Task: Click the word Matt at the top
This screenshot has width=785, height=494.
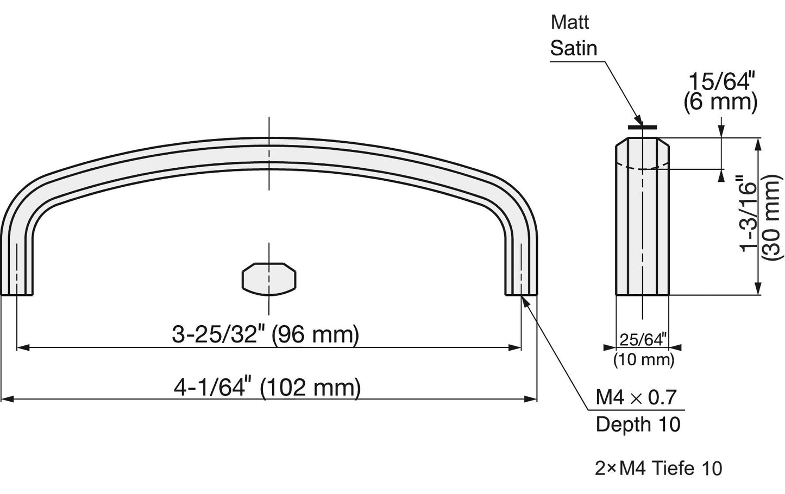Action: (x=570, y=22)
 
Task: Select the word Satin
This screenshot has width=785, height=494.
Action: (x=574, y=48)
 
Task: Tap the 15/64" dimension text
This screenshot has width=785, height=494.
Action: (x=721, y=82)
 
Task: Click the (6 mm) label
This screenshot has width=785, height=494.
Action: (x=720, y=103)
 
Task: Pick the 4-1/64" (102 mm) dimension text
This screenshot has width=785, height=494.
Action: (x=267, y=388)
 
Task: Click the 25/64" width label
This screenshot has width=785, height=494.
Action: (x=643, y=340)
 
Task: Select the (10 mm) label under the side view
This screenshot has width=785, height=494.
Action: (x=644, y=359)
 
